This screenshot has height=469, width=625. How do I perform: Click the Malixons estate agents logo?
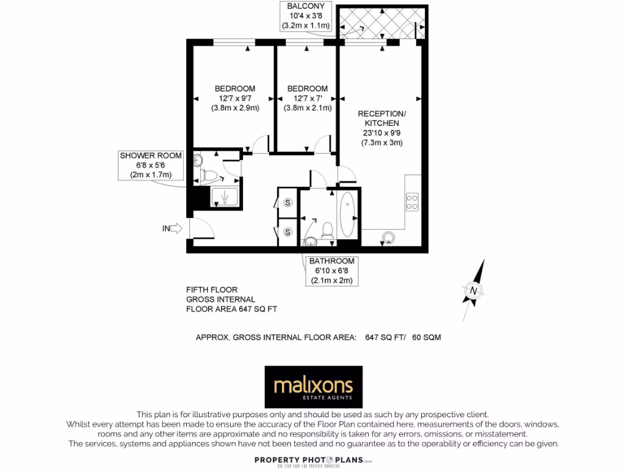coord(313,387)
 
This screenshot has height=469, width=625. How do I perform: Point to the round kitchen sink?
coord(388,237)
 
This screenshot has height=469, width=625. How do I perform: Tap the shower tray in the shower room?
coord(225,197)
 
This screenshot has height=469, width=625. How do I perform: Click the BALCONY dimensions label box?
coord(305,16)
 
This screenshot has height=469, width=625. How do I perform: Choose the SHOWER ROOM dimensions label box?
coord(151,165)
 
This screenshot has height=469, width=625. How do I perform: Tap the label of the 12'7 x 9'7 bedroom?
coord(235,98)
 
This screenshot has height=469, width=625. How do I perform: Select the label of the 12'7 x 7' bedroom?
coord(307,98)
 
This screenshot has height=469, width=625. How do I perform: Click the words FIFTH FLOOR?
coord(212,289)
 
